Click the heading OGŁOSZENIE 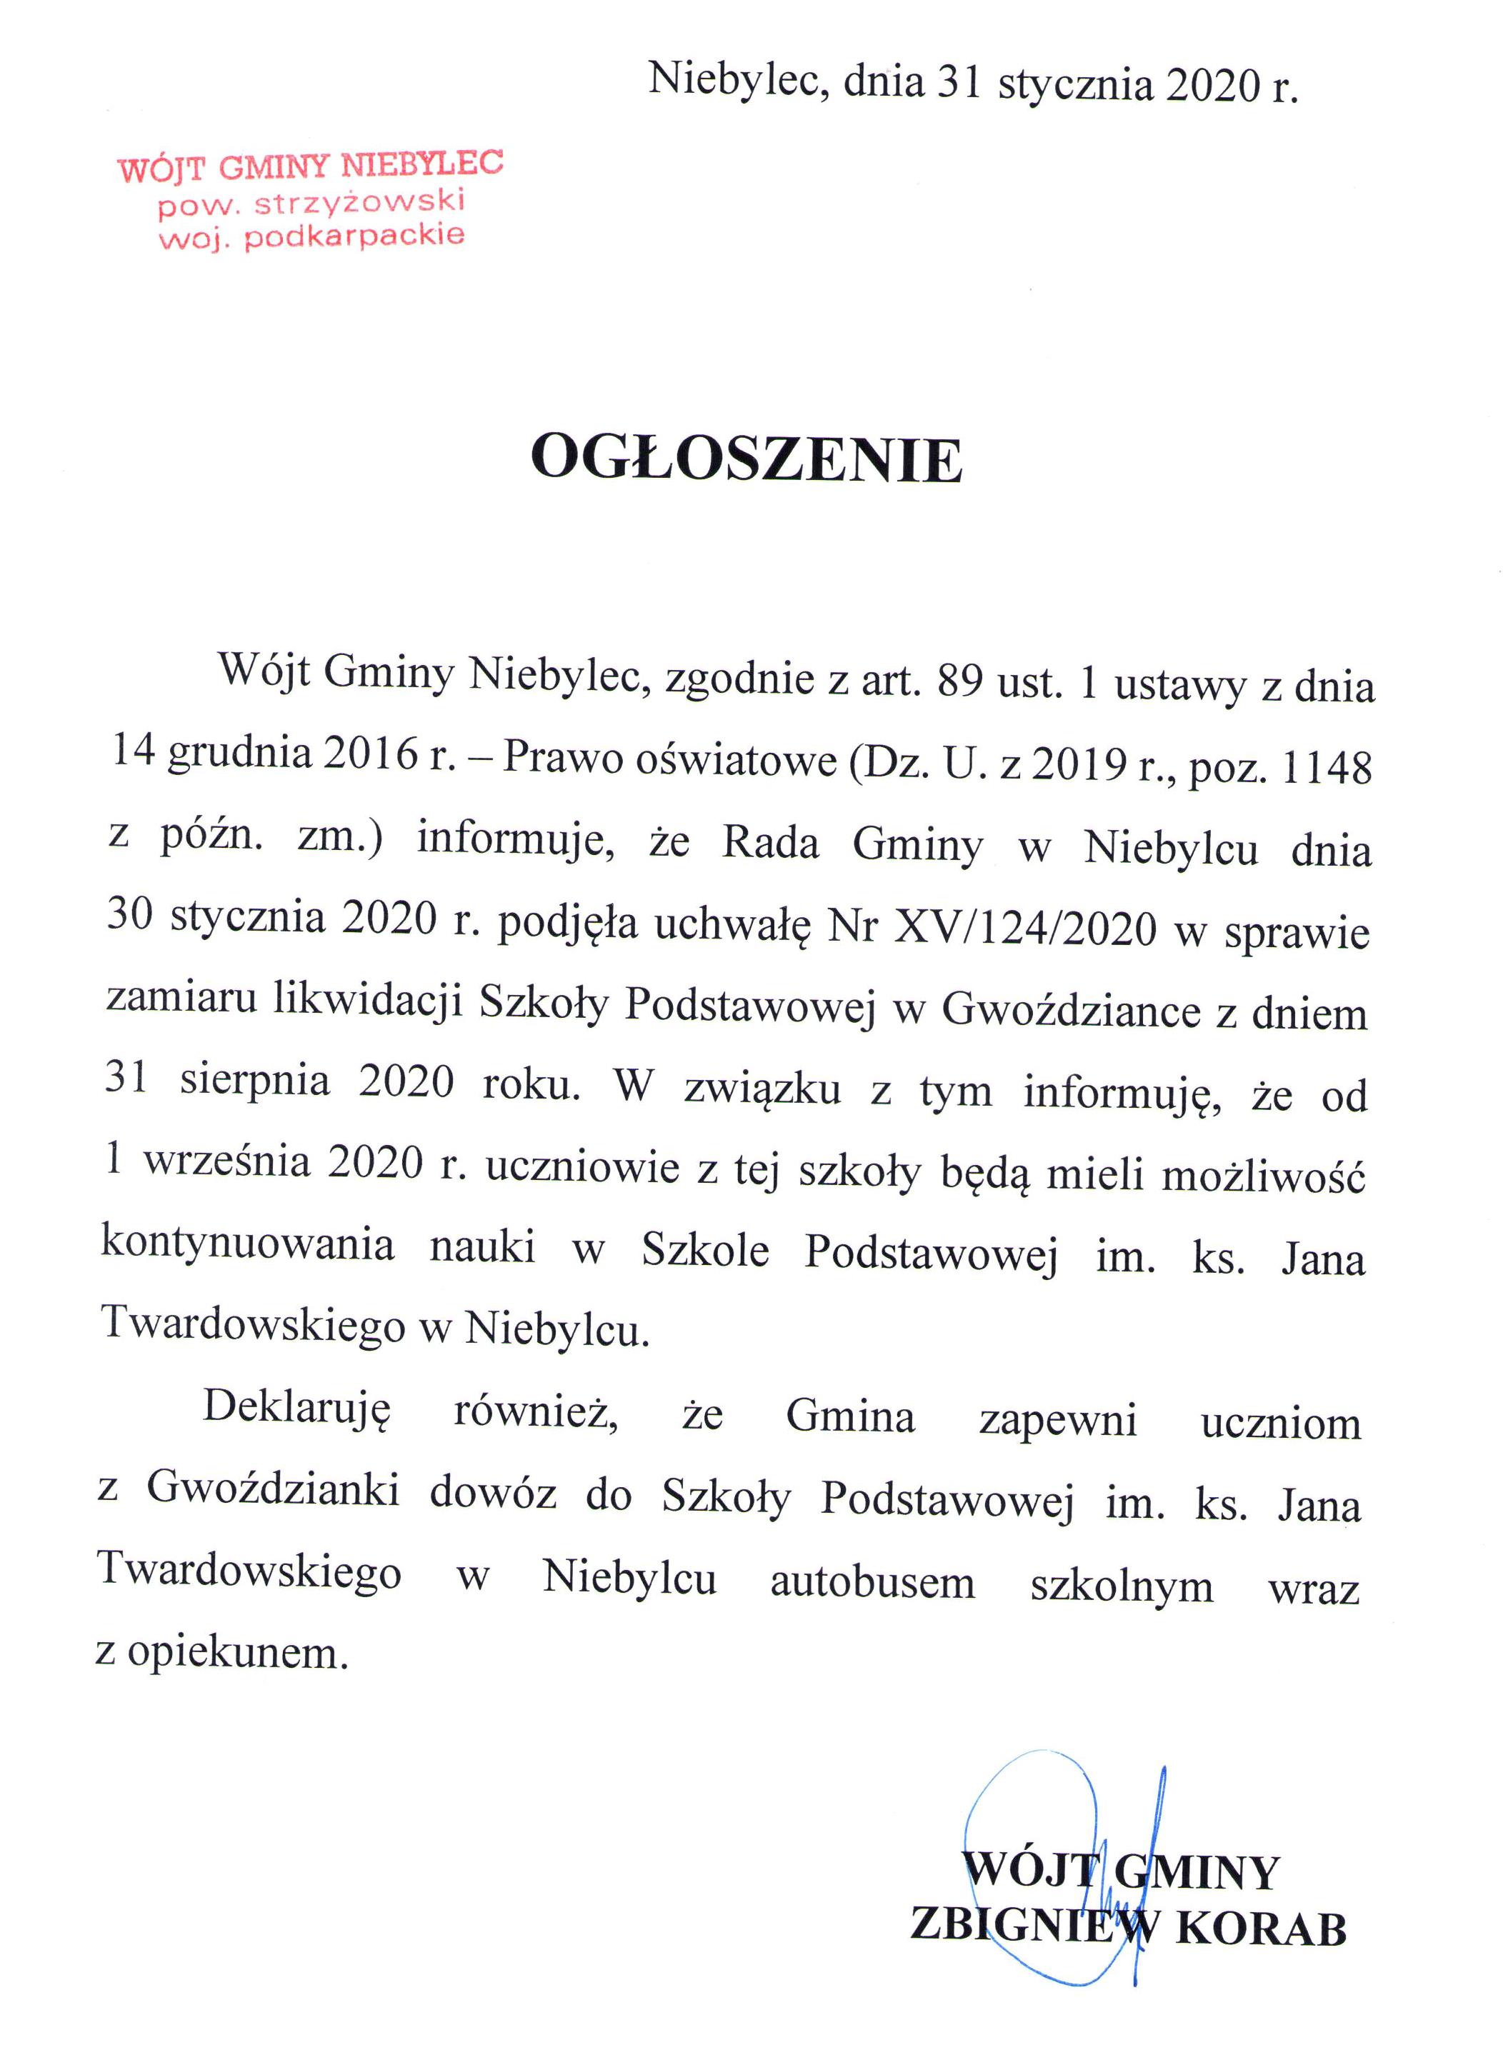click(x=746, y=459)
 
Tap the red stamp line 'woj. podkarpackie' click(x=311, y=237)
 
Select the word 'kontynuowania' click(x=247, y=1243)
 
